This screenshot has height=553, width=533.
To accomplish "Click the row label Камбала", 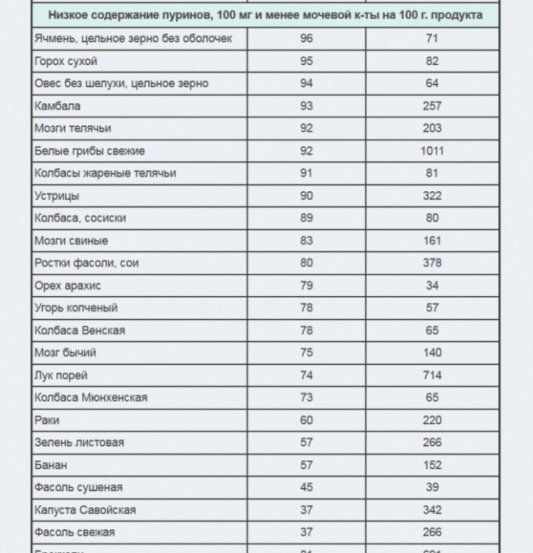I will [x=58, y=106].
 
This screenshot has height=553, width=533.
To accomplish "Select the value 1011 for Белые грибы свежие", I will [x=432, y=150].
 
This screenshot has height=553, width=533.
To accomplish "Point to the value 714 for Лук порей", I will [x=432, y=375].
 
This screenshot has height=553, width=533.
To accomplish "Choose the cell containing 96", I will [x=306, y=38].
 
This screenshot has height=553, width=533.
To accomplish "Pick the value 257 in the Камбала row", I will [x=432, y=106].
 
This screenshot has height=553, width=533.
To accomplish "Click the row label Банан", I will [x=51, y=465].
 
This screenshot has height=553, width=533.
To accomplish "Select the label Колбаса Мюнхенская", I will [x=91, y=398].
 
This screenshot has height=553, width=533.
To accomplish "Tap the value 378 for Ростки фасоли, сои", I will [x=432, y=263].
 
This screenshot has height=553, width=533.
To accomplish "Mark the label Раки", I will [x=47, y=420].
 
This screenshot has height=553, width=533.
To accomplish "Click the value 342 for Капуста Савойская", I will [x=432, y=510].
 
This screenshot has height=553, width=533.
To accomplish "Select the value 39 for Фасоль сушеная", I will [x=432, y=487].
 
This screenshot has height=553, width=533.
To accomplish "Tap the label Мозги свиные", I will [x=72, y=241].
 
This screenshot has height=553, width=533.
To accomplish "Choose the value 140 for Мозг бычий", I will [x=432, y=353].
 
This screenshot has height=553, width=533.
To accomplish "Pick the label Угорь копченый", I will [x=76, y=308].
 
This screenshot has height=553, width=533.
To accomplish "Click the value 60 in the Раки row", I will [x=306, y=420].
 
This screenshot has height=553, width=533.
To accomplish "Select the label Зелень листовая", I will [x=80, y=442].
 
